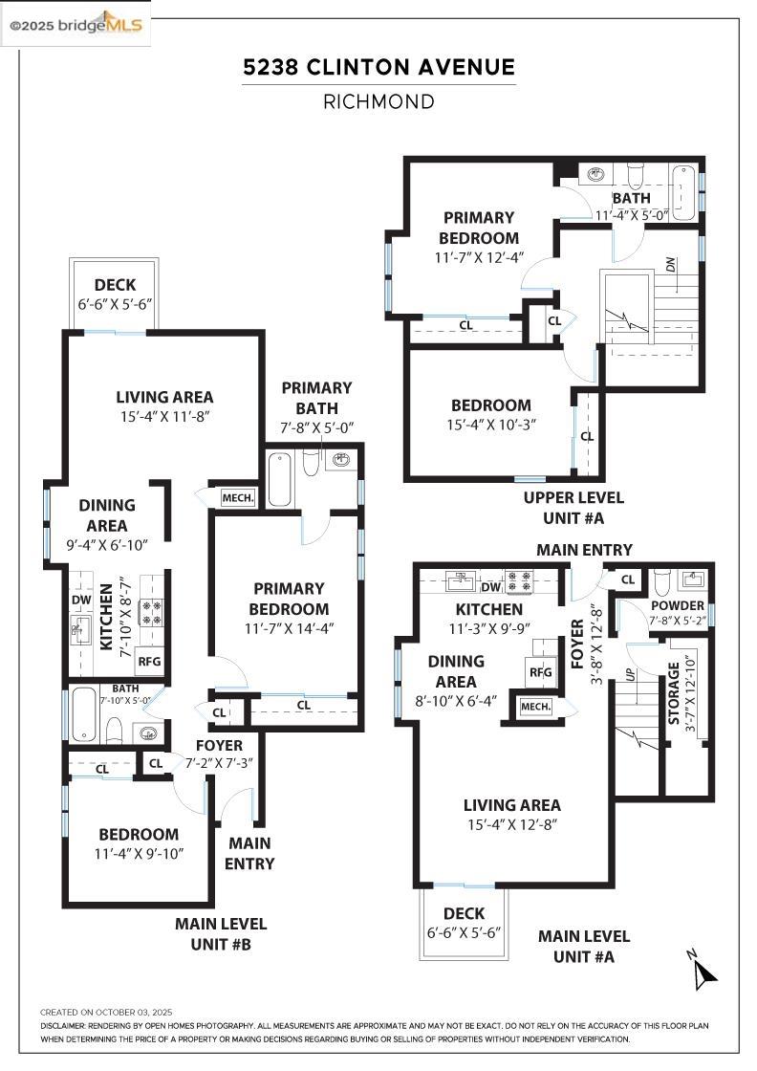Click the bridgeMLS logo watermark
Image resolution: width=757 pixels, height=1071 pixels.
click(76, 26)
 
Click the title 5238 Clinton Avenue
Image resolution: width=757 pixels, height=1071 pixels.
click(378, 67)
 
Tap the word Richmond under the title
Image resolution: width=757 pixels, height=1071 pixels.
click(378, 101)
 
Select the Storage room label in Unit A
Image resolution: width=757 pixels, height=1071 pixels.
click(675, 692)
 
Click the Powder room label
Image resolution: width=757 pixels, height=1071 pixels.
click(677, 606)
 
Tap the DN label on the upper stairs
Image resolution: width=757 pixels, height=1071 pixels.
click(671, 265)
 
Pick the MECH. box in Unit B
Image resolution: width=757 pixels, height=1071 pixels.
click(237, 497)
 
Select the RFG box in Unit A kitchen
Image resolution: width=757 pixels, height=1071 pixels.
click(541, 672)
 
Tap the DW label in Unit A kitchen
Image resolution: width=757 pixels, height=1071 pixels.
click(491, 587)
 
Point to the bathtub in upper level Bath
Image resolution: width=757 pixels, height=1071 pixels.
click(684, 192)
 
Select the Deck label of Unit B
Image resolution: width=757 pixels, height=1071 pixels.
click(115, 285)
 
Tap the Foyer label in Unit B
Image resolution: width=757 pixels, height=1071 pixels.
click(219, 745)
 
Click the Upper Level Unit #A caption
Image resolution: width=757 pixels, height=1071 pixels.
click(573, 508)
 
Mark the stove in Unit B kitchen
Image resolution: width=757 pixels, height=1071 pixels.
click(150, 612)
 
